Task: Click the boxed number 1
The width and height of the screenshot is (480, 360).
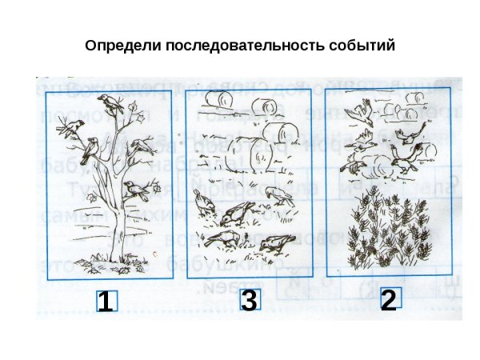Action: [105, 302]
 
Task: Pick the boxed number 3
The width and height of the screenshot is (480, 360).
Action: [249, 301]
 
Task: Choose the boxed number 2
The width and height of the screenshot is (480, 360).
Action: [389, 300]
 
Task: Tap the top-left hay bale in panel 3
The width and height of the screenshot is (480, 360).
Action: [215, 98]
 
